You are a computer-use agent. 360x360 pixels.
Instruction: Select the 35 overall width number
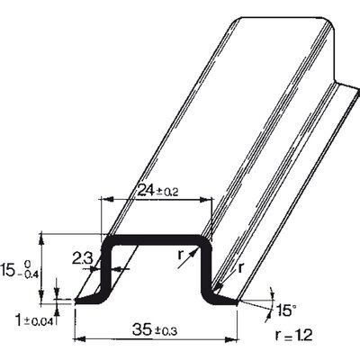pyautogui.click(x=143, y=330)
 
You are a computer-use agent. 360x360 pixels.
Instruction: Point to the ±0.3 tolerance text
pyautogui.click(x=166, y=331)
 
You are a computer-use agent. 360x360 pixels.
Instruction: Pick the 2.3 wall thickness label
pyautogui.click(x=83, y=258)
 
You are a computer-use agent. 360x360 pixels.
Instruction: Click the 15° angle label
pyautogui.click(x=284, y=310)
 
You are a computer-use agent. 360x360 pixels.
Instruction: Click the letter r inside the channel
pyautogui.click(x=180, y=256)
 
